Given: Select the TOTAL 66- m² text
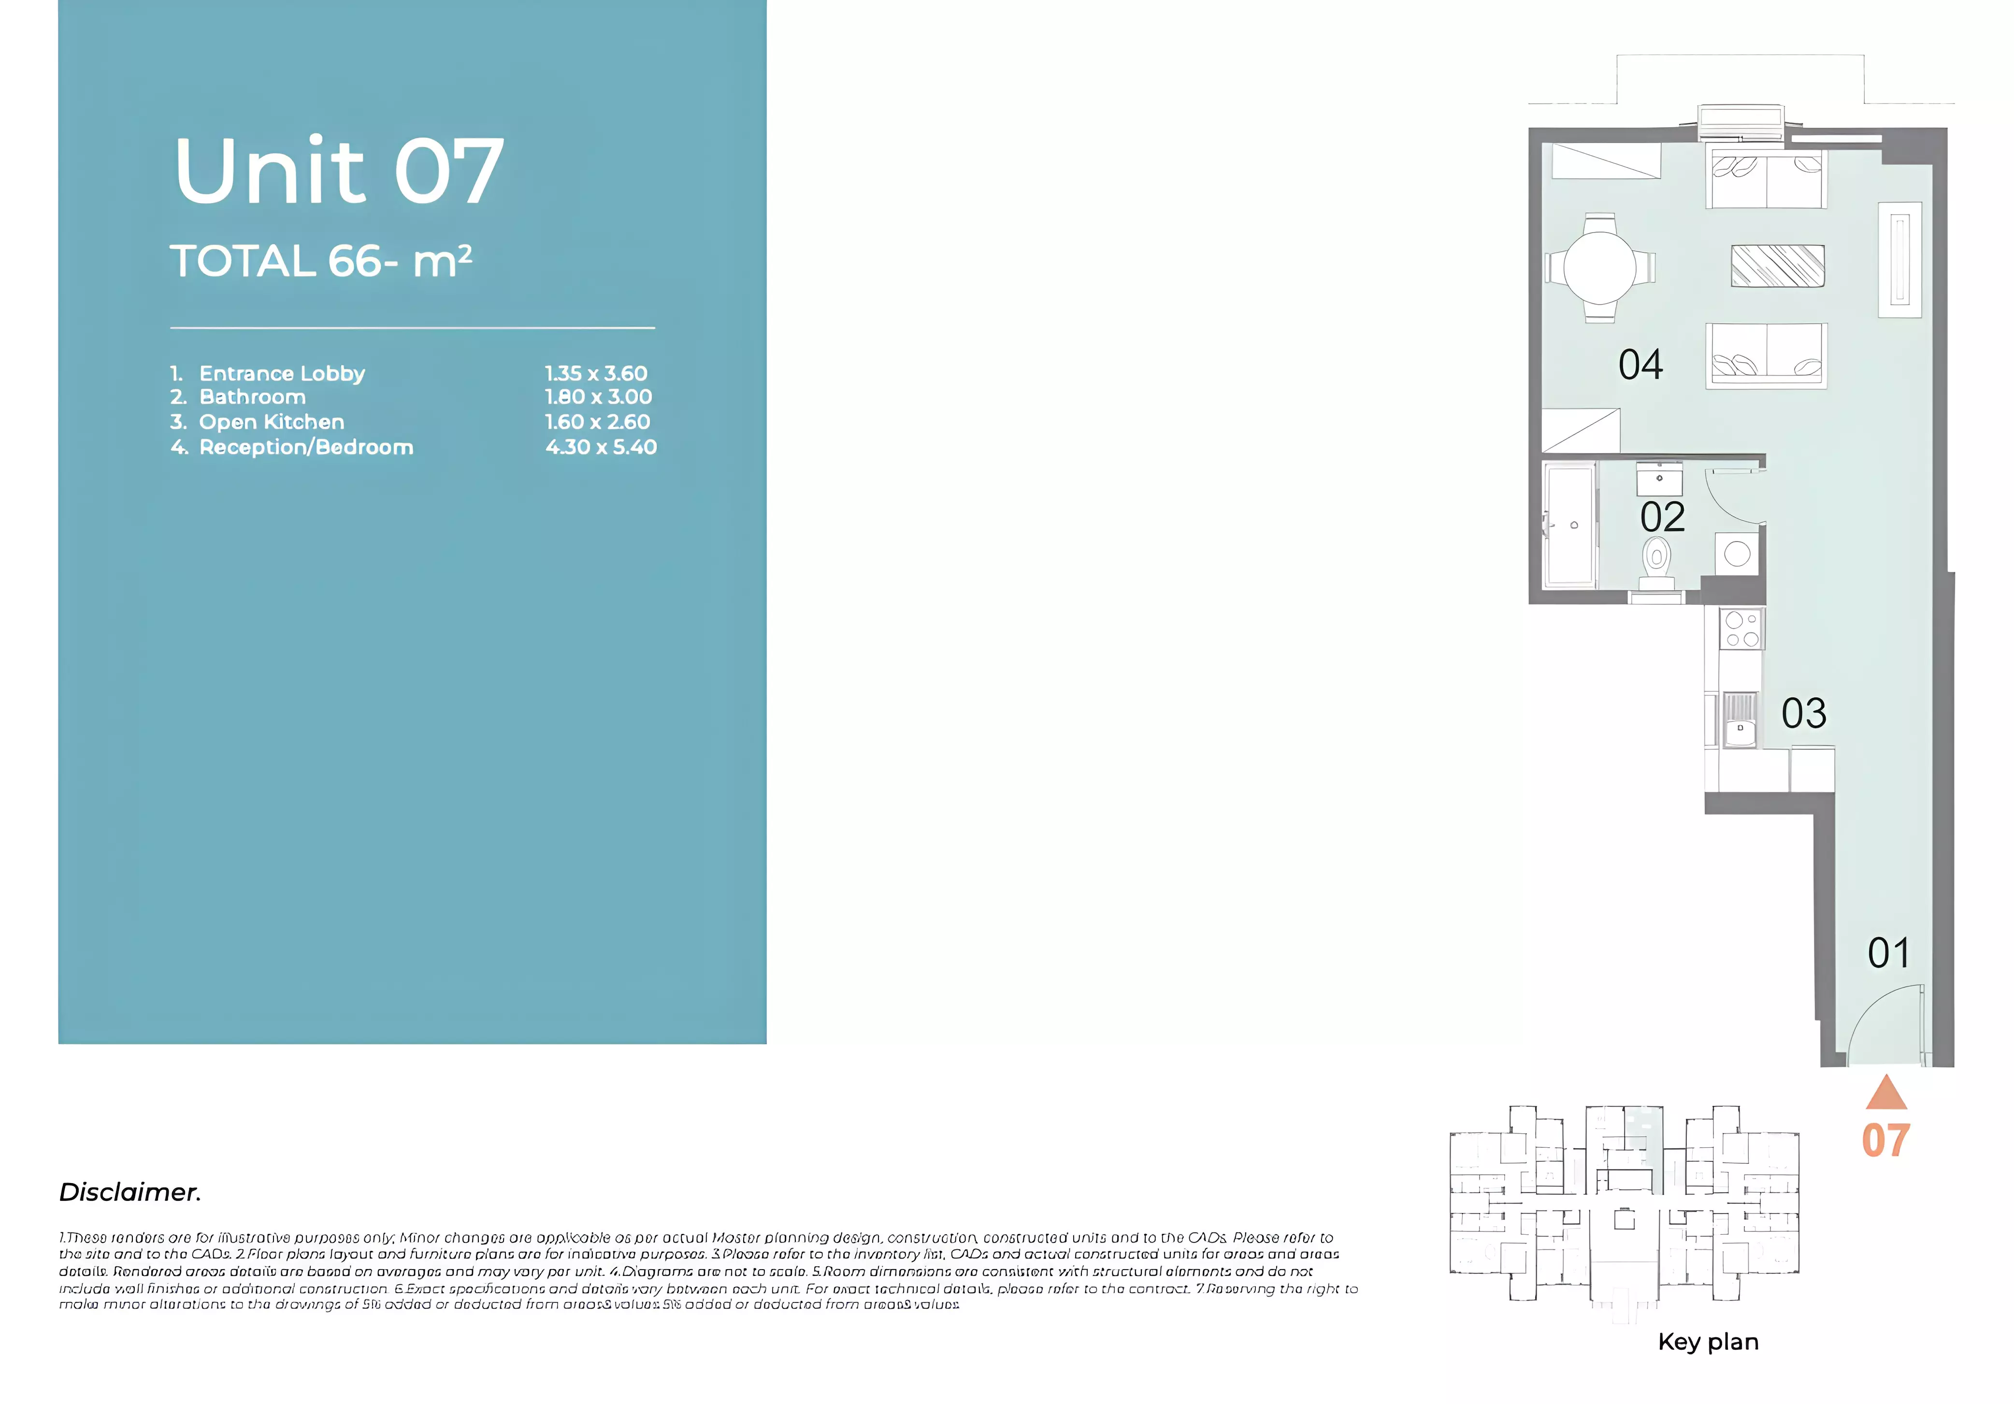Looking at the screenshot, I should [321, 262].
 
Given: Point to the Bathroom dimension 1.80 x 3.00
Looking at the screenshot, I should [598, 396].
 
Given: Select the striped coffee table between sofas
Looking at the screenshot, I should [1777, 266].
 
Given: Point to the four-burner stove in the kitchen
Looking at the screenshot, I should [1741, 629].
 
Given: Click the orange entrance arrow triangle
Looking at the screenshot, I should [1886, 1093].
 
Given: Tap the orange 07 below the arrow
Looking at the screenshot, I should [1886, 1141].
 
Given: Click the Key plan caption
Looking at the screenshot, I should [1708, 1342].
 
